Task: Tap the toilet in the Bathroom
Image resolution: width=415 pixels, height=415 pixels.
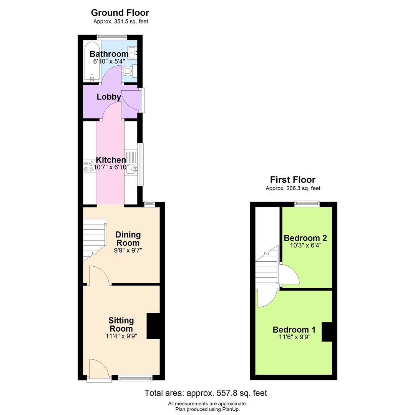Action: (127, 71)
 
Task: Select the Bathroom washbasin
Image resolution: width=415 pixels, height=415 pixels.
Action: (133, 53)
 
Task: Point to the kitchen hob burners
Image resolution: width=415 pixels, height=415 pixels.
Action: (88, 166)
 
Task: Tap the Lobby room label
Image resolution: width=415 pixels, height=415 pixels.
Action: (109, 97)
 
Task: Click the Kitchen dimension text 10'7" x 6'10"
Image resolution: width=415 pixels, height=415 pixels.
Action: (111, 167)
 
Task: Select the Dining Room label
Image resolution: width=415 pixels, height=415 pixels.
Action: (128, 239)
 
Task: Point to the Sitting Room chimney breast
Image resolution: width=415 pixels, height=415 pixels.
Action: (153, 326)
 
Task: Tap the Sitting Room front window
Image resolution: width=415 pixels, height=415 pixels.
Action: (135, 378)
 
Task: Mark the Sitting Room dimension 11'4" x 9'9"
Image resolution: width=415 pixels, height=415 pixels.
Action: (121, 336)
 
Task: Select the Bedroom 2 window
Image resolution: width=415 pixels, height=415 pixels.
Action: (307, 204)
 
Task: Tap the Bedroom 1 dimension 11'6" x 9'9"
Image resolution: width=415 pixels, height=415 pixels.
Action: (295, 337)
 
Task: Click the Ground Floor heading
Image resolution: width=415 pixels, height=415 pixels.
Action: (120, 13)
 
